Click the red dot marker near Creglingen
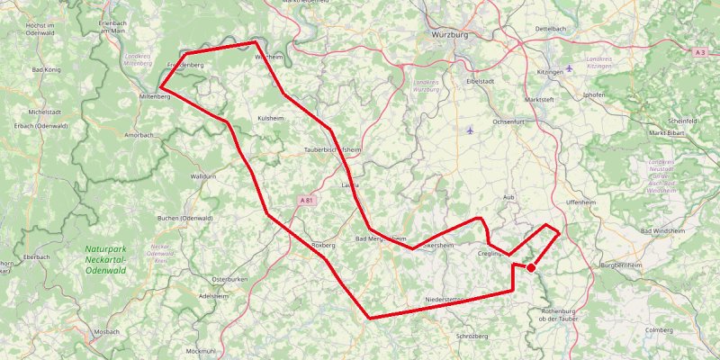(x=531, y=267)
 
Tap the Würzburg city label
(x=445, y=34)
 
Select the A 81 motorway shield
(x=307, y=201)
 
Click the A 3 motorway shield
(x=700, y=53)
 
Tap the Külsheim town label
(x=271, y=118)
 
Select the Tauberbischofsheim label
(x=332, y=149)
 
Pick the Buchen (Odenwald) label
(x=184, y=218)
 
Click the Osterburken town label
(x=229, y=280)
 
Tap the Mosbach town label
(x=106, y=331)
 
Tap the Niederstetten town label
(x=448, y=299)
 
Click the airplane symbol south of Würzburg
(x=471, y=130)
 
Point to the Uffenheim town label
(x=581, y=202)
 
